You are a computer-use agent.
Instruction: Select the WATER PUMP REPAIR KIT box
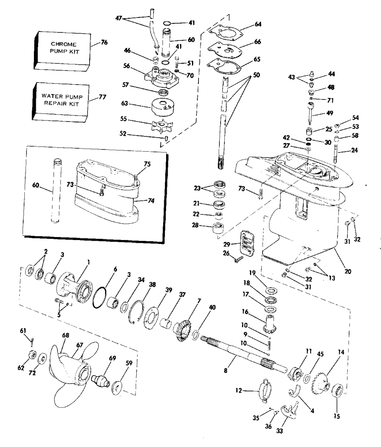pyautogui.click(x=61, y=102)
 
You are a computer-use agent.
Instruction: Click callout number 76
pyautogui.click(x=104, y=42)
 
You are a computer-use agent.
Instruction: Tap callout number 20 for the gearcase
pyautogui.click(x=348, y=271)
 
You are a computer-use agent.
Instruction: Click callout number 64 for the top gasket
pyautogui.click(x=258, y=24)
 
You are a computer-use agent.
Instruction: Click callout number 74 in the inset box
pyautogui.click(x=151, y=201)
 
